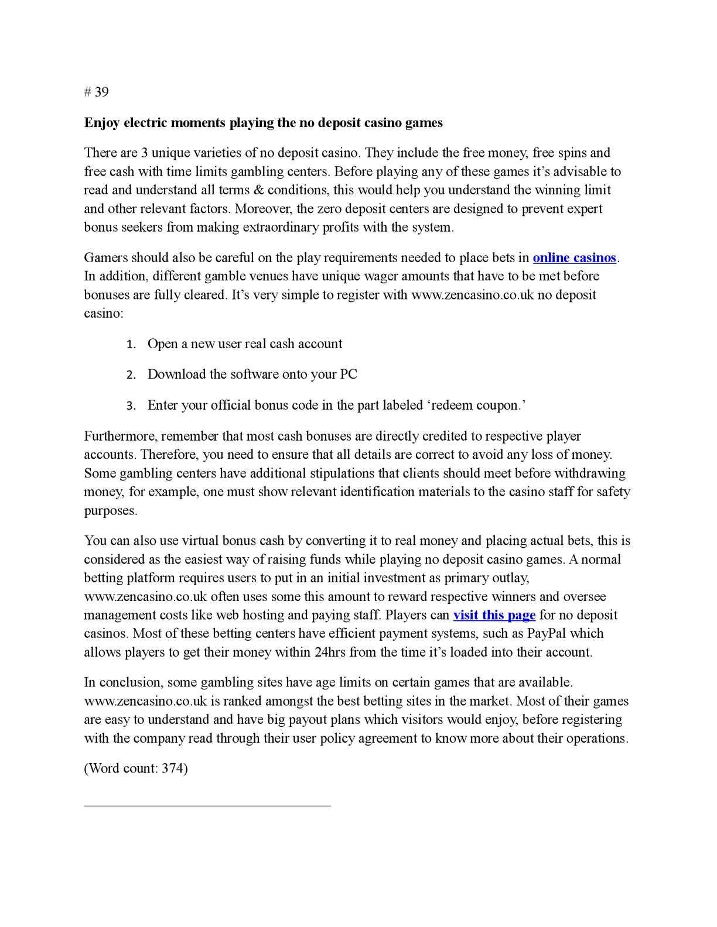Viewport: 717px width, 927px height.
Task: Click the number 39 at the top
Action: click(101, 92)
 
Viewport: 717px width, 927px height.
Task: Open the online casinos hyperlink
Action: click(574, 257)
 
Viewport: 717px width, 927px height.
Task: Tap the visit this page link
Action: click(494, 615)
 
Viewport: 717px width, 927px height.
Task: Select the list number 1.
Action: click(131, 345)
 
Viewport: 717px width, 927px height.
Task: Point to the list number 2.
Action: click(131, 375)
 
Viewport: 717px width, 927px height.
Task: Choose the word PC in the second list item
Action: click(349, 375)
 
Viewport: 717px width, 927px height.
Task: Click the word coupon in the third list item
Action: click(496, 406)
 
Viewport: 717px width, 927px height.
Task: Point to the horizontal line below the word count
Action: click(207, 806)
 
